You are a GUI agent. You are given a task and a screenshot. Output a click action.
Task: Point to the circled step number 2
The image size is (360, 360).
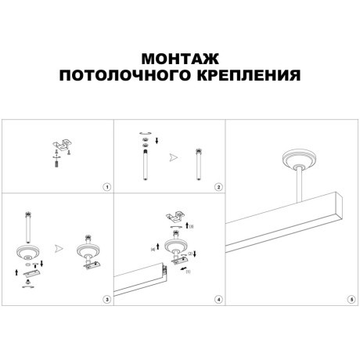(x=218, y=187)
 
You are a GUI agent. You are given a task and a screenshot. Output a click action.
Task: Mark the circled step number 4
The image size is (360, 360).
(x=218, y=299)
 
